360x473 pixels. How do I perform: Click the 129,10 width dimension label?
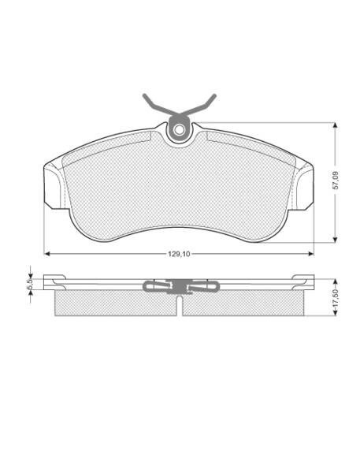[x=179, y=254]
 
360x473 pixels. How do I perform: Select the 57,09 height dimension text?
[x=336, y=181]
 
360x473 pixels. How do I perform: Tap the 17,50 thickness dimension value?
[x=336, y=298]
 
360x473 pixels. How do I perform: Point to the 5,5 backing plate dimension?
[x=30, y=283]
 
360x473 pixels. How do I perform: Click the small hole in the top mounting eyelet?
[x=180, y=131]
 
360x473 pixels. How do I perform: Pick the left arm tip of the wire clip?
[x=144, y=95]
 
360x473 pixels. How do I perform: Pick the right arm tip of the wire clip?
[x=215, y=95]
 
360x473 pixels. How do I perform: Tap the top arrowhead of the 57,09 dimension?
[x=335, y=126]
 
